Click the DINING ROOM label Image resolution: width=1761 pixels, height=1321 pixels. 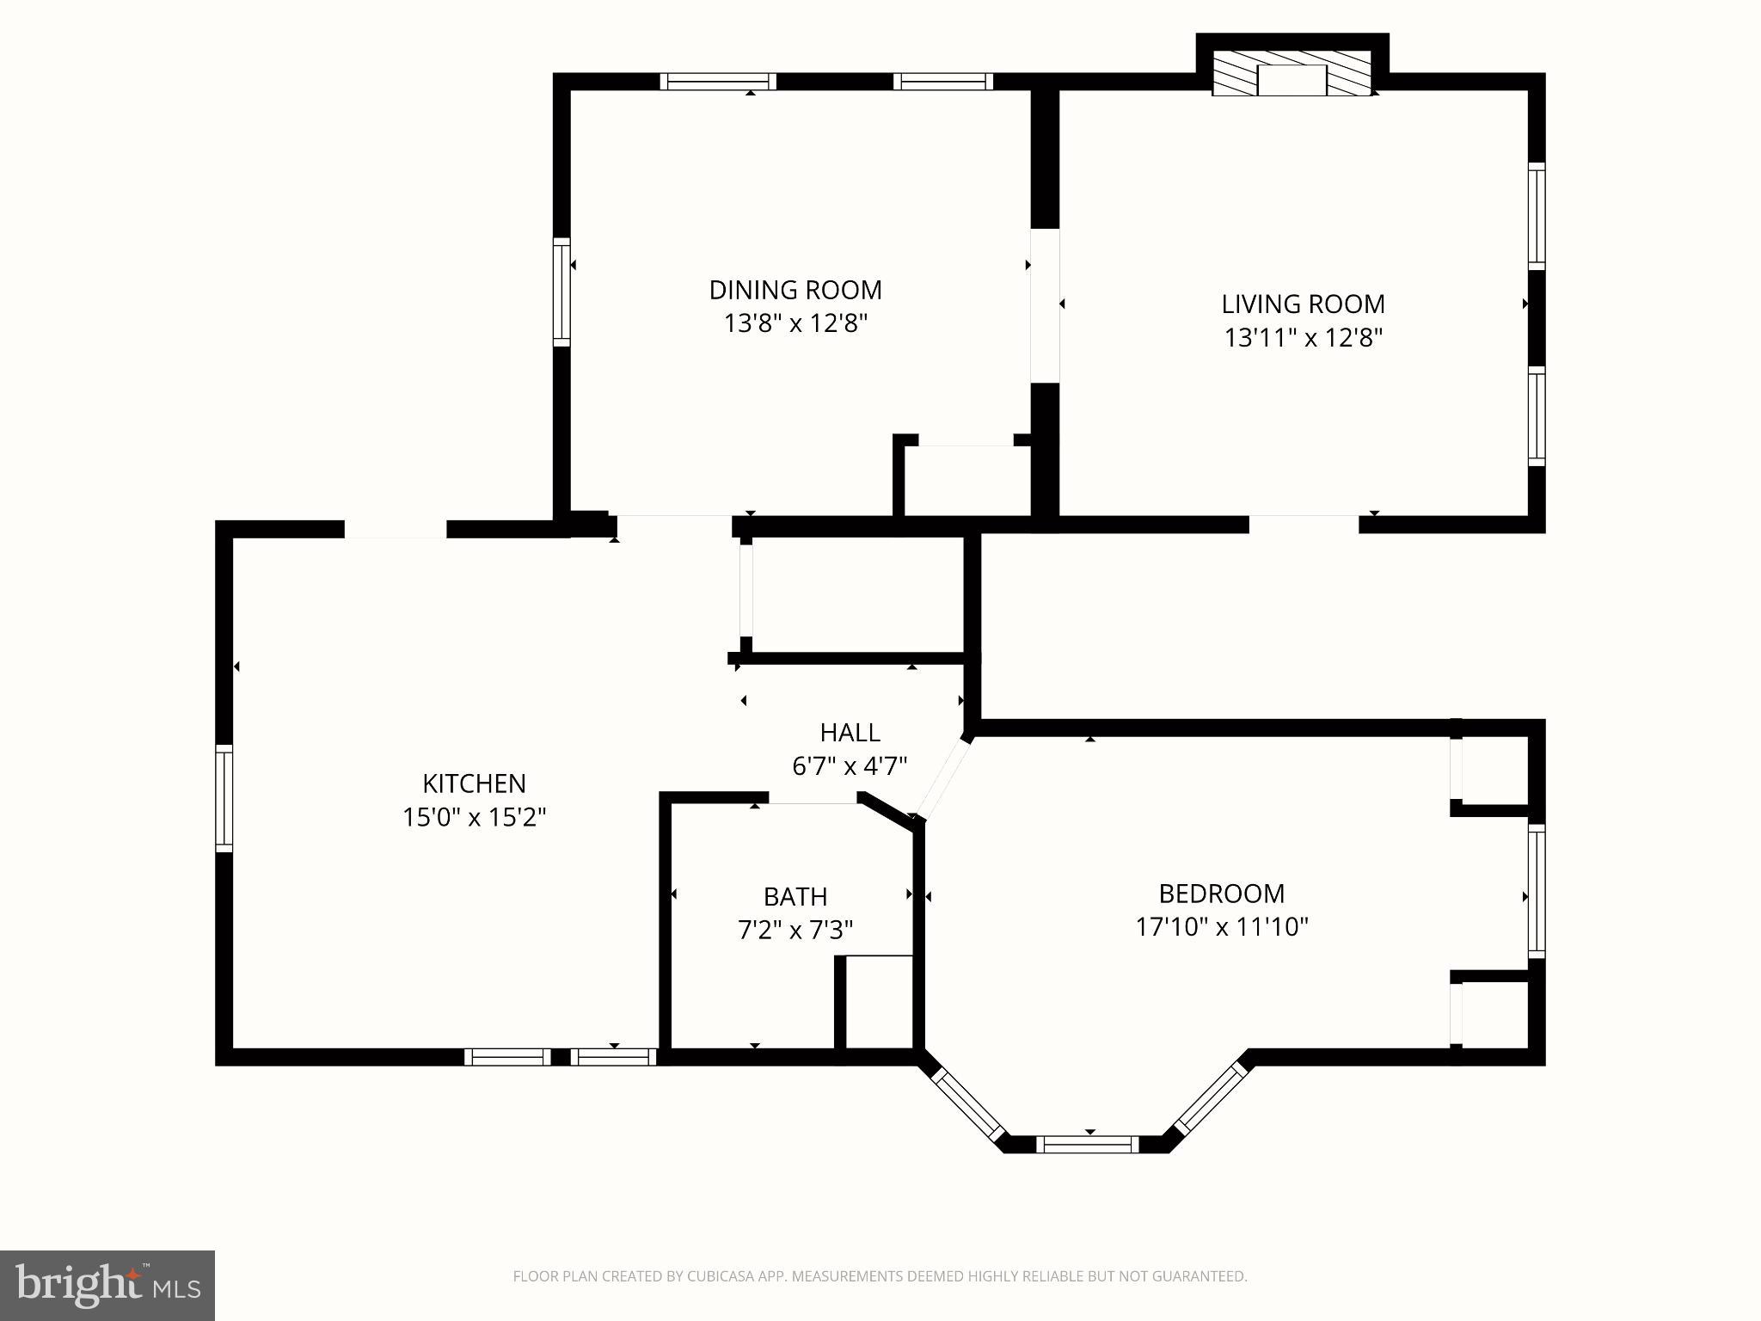coord(795,290)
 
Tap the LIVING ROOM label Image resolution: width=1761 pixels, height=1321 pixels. coord(1303,304)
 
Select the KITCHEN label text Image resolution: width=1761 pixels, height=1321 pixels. coord(474,783)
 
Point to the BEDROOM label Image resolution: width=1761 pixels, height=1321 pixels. coord(1221,894)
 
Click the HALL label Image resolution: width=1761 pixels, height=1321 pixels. coord(850,733)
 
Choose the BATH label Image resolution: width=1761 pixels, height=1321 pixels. coord(795,897)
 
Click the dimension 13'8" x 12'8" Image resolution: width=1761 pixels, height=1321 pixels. coord(795,323)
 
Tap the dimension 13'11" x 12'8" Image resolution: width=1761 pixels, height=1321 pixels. coord(1303,337)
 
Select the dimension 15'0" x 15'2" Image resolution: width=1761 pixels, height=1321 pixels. coord(474,816)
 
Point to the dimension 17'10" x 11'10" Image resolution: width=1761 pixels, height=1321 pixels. coord(1221,927)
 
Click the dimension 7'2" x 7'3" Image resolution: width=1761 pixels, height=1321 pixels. coord(795,930)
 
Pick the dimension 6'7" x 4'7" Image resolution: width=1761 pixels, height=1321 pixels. coord(850,765)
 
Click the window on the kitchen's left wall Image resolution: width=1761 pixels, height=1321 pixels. coord(224,798)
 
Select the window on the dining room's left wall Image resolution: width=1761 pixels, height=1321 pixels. coord(561,292)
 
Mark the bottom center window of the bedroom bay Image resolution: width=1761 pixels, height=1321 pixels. coord(1087,1144)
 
